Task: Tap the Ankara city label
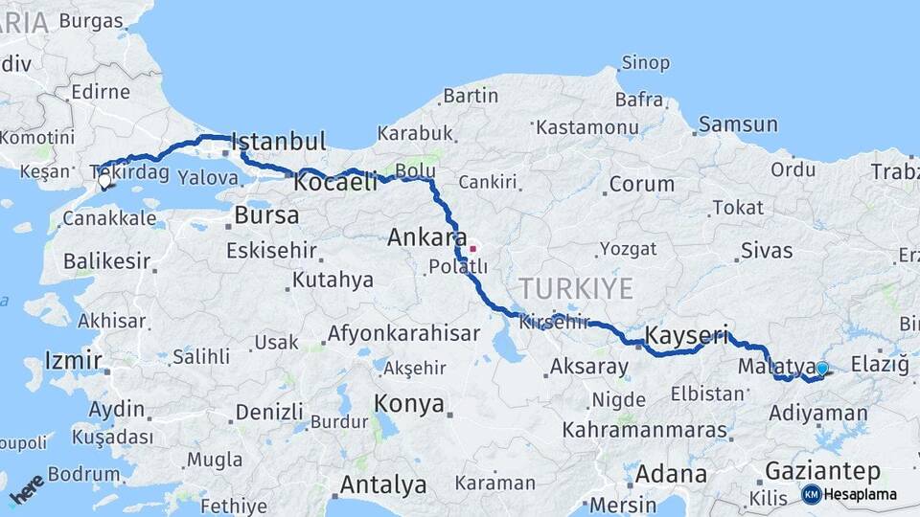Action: click(x=427, y=238)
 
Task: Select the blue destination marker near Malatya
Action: click(x=821, y=369)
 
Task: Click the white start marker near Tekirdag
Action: click(x=104, y=179)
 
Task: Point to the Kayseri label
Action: click(x=686, y=336)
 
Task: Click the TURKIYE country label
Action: click(x=576, y=288)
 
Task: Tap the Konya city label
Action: click(x=409, y=403)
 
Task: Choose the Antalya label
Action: click(x=383, y=485)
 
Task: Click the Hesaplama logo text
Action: click(x=861, y=495)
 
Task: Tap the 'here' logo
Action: click(x=26, y=488)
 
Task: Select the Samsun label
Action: click(x=738, y=124)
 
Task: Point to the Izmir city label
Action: click(x=73, y=361)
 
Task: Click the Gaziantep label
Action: click(x=822, y=471)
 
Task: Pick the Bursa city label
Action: click(x=266, y=215)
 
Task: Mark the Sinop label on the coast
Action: click(x=645, y=63)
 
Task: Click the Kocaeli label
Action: click(x=336, y=182)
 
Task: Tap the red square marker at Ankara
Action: click(x=472, y=249)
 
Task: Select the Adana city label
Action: click(x=671, y=474)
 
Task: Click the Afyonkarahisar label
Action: click(x=403, y=334)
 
